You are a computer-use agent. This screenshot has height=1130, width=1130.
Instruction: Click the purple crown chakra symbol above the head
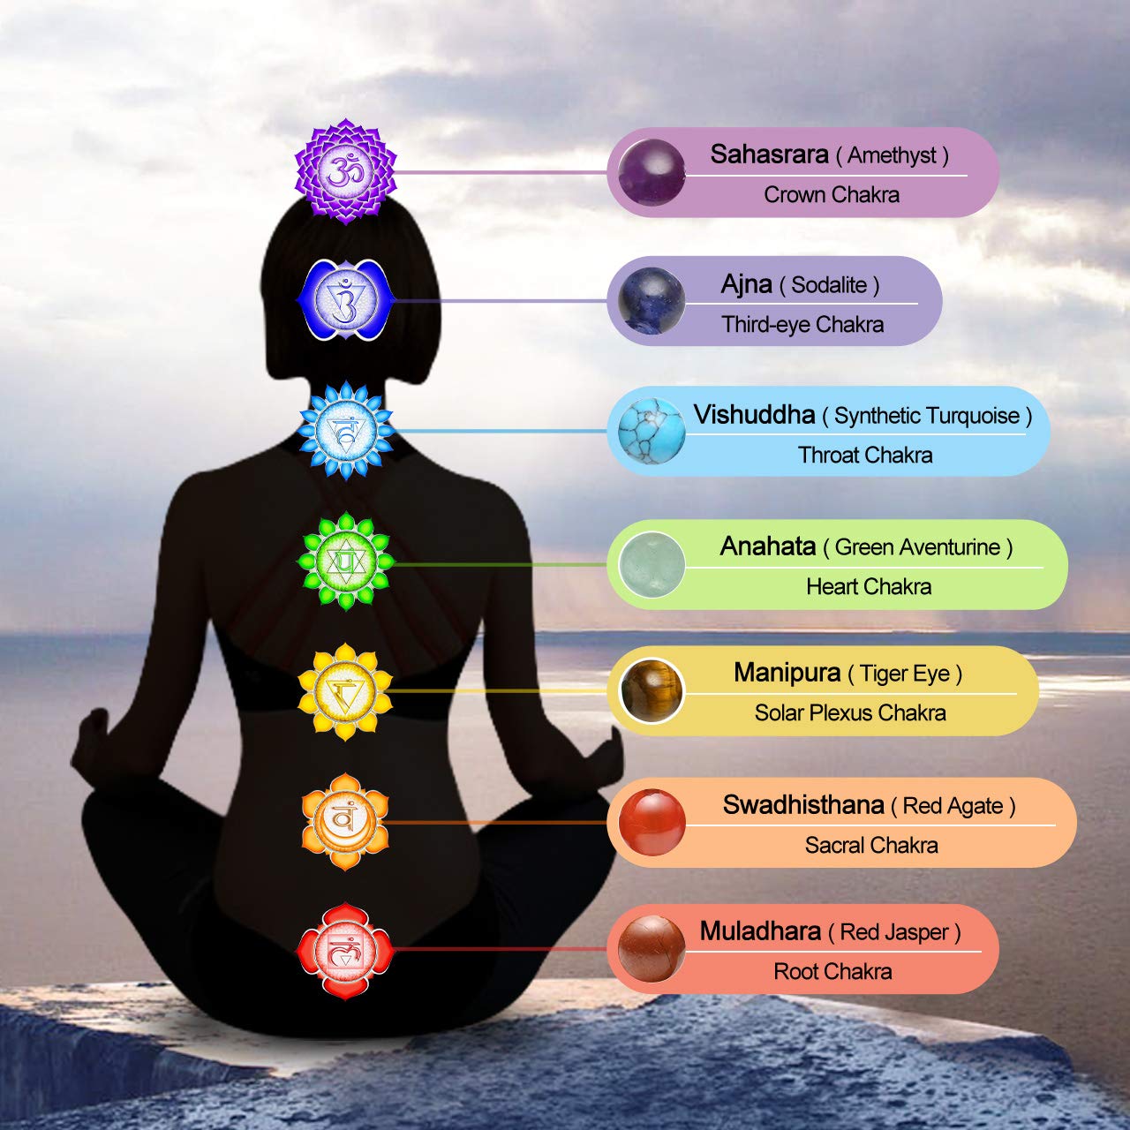tap(345, 171)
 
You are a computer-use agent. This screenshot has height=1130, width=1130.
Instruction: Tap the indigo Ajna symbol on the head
tap(345, 299)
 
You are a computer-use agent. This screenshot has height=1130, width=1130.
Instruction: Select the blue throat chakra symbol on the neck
tap(346, 431)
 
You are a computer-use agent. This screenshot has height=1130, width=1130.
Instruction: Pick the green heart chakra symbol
tap(345, 561)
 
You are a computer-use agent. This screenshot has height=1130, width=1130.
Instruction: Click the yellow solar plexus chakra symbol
tap(345, 692)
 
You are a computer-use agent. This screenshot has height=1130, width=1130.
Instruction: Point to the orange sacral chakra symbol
tap(345, 822)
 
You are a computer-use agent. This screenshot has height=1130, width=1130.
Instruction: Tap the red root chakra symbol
tap(345, 951)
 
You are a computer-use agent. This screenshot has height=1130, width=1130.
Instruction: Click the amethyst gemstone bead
tap(652, 172)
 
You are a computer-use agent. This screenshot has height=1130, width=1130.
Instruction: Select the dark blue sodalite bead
tap(652, 301)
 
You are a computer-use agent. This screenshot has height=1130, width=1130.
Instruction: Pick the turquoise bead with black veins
tap(652, 431)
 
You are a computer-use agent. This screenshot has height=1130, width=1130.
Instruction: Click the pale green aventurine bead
tap(652, 564)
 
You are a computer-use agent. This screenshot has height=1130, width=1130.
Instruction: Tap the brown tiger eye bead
tap(652, 690)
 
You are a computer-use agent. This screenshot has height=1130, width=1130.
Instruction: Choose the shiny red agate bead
tap(652, 822)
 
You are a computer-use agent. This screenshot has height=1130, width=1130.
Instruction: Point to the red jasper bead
tap(652, 949)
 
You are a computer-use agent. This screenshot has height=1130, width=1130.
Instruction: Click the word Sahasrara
tap(769, 154)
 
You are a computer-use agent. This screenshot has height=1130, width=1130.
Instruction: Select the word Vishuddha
tap(754, 415)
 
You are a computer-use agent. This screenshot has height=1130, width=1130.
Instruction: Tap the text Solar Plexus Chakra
tap(850, 713)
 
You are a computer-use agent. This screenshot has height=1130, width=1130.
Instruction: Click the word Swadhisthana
tap(802, 804)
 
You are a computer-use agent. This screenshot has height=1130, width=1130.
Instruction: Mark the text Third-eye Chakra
tap(802, 324)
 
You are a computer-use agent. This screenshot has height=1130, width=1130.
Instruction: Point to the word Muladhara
tap(761, 931)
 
